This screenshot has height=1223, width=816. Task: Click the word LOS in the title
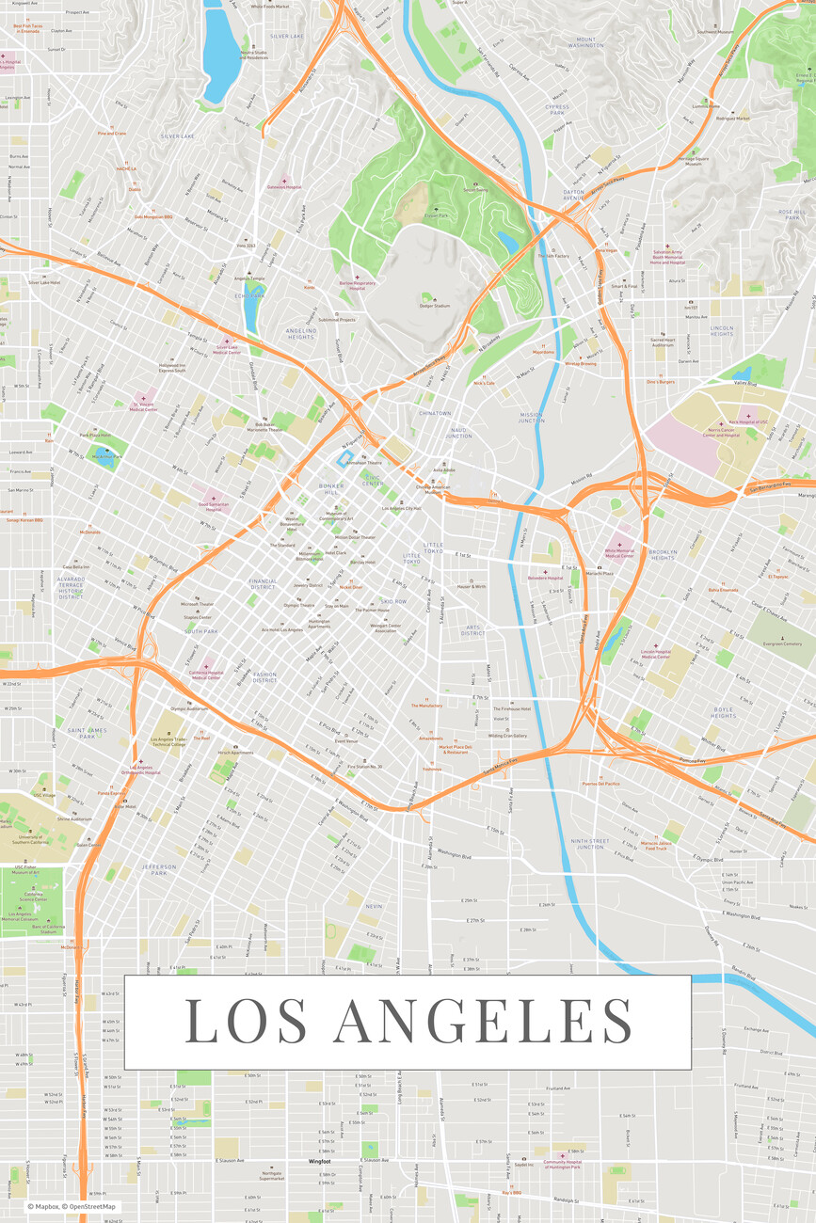pyautogui.click(x=246, y=1021)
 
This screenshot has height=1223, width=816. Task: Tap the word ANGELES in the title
pyautogui.click(x=483, y=1021)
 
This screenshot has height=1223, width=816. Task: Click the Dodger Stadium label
pyautogui.click(x=435, y=306)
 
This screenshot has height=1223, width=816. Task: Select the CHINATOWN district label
pyautogui.click(x=436, y=413)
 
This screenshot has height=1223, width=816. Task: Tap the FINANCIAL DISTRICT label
pyautogui.click(x=264, y=584)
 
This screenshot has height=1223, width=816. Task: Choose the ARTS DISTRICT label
pyautogui.click(x=472, y=631)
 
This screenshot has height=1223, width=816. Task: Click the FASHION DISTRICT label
pyautogui.click(x=264, y=676)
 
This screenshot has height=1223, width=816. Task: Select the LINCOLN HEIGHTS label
pyautogui.click(x=722, y=330)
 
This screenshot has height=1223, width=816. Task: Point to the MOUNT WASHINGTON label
pyautogui.click(x=586, y=42)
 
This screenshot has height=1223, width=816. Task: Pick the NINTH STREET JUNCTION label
pyautogui.click(x=590, y=844)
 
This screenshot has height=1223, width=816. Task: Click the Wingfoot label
pyautogui.click(x=320, y=1161)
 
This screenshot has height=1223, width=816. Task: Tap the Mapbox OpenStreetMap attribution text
pyautogui.click(x=72, y=1206)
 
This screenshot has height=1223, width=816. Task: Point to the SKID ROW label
pyautogui.click(x=393, y=601)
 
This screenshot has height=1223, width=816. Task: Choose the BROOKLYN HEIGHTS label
pyautogui.click(x=663, y=555)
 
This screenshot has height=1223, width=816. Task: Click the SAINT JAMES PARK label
pyautogui.click(x=88, y=732)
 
